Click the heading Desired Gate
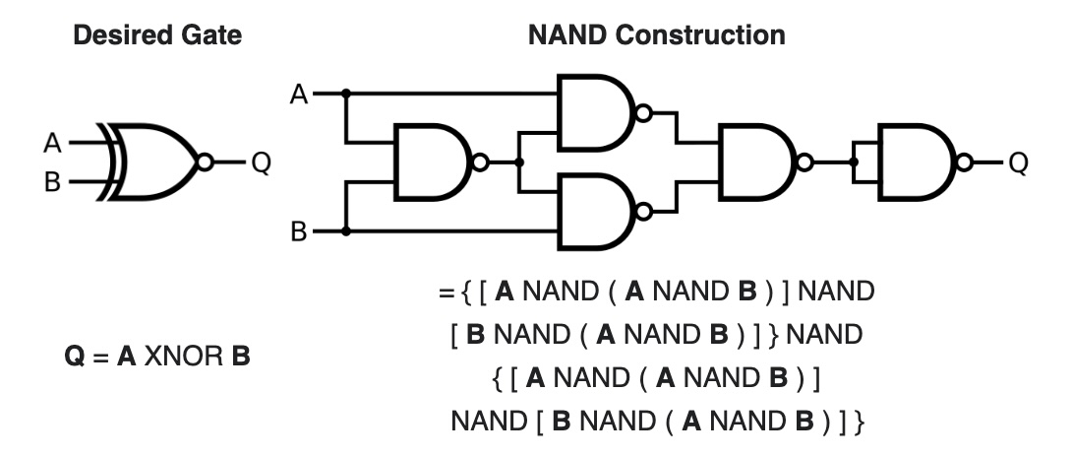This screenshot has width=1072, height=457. [158, 36]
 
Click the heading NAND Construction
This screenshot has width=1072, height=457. [657, 36]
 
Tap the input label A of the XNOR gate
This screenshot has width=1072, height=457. [52, 144]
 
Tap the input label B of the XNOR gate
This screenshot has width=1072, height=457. [52, 182]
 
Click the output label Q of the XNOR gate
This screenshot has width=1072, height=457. [261, 163]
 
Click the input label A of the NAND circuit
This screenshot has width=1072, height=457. [299, 95]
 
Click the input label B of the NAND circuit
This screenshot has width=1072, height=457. [299, 232]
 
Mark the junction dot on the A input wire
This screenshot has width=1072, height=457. [345, 95]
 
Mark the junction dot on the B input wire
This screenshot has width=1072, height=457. [345, 232]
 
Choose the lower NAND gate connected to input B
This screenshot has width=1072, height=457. [595, 211]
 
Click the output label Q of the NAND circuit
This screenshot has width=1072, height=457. [1018, 163]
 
